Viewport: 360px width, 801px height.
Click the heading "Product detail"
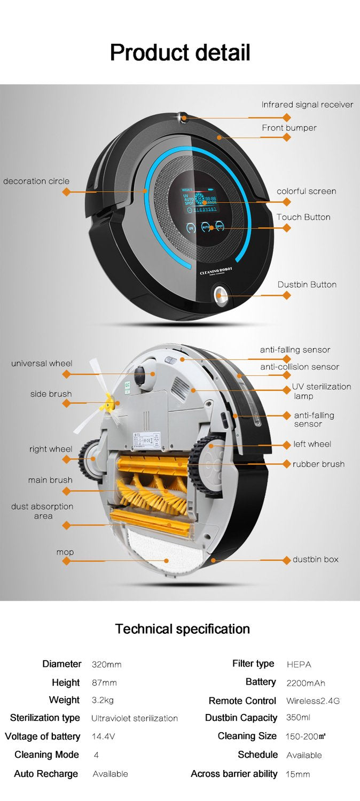180,53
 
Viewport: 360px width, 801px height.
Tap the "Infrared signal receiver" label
307,105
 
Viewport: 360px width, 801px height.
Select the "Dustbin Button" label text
307,285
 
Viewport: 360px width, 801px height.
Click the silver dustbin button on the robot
220,295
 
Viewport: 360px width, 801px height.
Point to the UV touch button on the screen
191,227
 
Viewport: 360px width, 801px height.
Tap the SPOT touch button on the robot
219,226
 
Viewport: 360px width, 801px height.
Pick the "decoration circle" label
36,181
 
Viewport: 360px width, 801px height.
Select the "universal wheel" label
42,364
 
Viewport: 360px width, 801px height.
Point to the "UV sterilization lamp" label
320,391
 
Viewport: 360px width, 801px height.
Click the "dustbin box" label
315,560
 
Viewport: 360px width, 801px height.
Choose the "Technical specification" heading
183,629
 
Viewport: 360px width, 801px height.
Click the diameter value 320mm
107,665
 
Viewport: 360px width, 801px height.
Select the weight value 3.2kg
103,700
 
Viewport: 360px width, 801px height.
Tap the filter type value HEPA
299,665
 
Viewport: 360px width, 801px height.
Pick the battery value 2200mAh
306,683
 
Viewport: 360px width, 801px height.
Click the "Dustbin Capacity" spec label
241,718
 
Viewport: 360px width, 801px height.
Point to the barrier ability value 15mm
298,774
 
